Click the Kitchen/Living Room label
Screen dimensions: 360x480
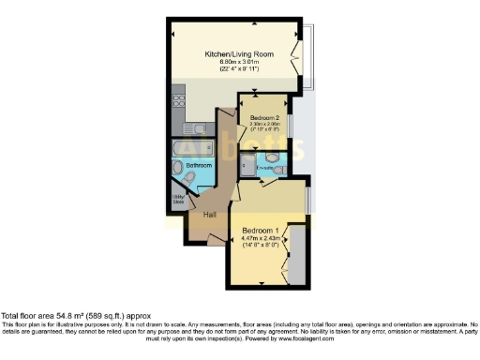tap(239, 54)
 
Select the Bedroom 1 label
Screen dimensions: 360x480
tap(262, 230)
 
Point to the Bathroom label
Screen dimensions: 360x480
tap(199, 165)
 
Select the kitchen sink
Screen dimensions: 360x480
tap(199, 125)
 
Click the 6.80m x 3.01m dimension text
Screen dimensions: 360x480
tap(239, 63)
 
